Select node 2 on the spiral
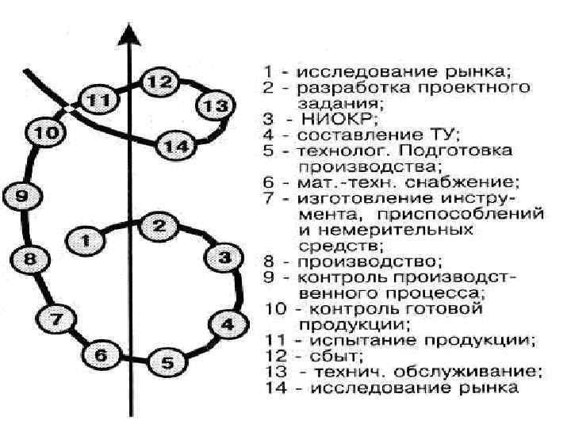click(159, 226)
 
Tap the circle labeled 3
click(224, 258)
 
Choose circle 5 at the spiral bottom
click(167, 364)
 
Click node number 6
click(101, 355)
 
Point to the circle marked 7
click(55, 320)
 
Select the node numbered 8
click(30, 258)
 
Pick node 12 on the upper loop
click(159, 81)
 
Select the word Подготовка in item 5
click(472, 149)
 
